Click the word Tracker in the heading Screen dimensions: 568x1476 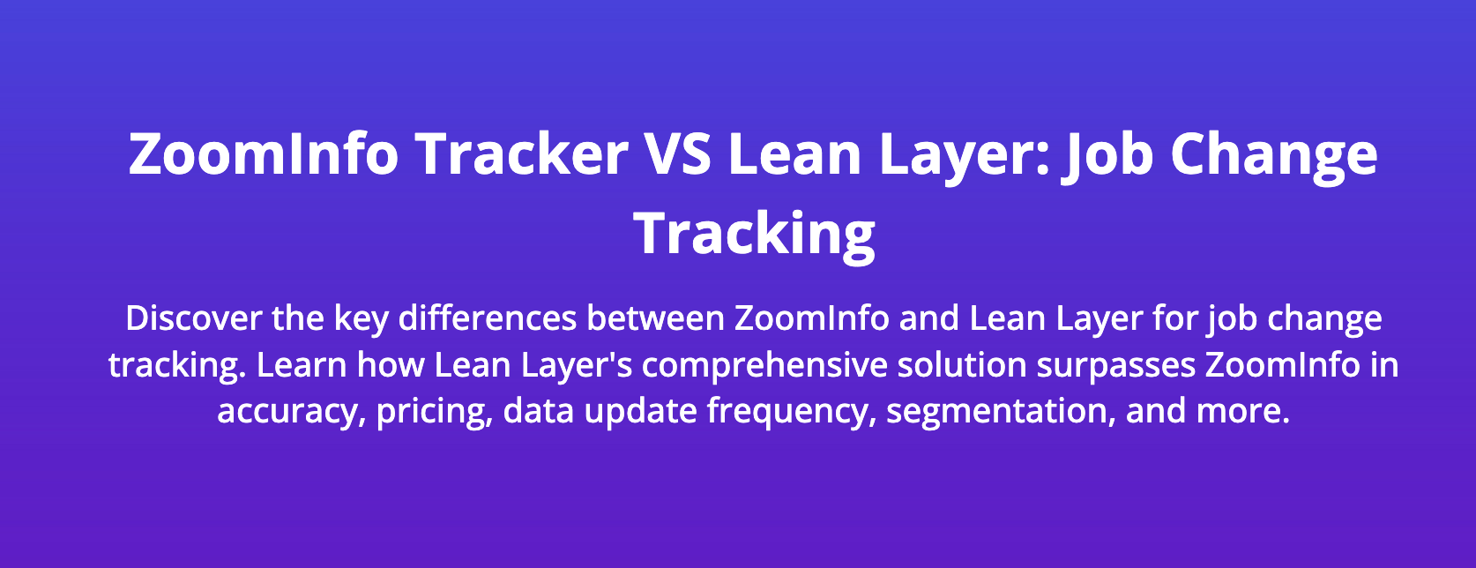pos(521,153)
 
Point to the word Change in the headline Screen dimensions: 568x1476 pos(1273,155)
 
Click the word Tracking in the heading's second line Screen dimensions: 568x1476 pos(755,235)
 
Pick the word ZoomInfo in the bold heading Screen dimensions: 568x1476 pos(264,153)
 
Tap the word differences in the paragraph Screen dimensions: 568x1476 pos(488,318)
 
